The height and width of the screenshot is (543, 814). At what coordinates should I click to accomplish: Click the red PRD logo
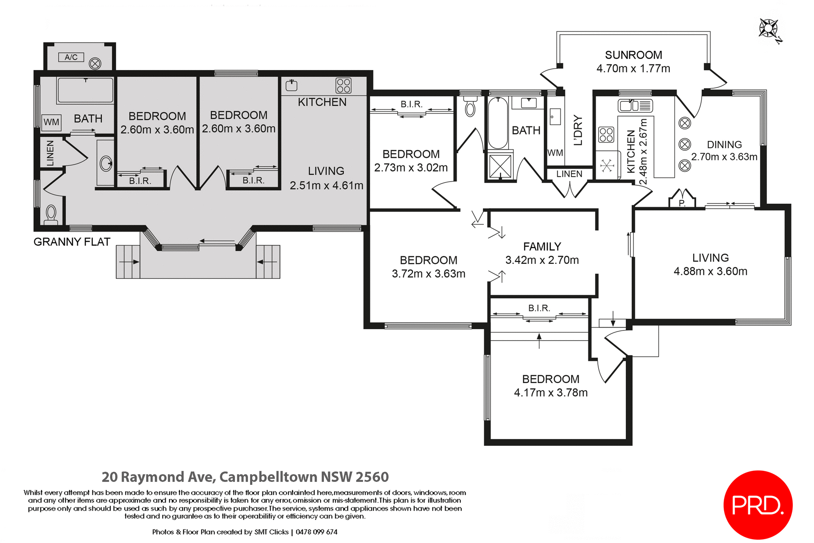click(758, 505)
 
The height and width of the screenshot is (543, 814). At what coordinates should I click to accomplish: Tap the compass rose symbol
click(769, 29)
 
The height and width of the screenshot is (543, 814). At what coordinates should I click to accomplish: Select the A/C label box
click(71, 57)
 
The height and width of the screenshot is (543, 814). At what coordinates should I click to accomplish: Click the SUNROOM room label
click(633, 55)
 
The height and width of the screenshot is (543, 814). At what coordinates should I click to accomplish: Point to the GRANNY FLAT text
click(72, 242)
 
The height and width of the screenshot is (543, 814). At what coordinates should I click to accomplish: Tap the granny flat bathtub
click(85, 90)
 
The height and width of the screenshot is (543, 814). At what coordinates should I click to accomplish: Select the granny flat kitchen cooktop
click(343, 85)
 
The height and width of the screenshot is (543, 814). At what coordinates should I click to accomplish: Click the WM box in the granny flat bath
click(51, 122)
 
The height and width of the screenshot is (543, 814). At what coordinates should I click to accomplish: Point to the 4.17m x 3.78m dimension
click(550, 393)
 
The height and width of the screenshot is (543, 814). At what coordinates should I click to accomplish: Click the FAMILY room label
click(542, 246)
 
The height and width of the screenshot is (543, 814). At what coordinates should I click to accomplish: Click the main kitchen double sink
click(635, 105)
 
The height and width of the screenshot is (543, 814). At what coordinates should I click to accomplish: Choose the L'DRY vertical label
click(578, 131)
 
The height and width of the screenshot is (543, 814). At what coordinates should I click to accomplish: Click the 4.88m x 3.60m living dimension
click(710, 271)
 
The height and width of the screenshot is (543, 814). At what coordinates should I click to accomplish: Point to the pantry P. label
click(682, 203)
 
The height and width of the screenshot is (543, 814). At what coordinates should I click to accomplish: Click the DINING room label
click(724, 145)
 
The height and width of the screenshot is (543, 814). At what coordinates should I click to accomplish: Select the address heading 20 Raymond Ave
click(245, 477)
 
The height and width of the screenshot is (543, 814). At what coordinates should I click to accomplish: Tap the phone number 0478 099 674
click(316, 532)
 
